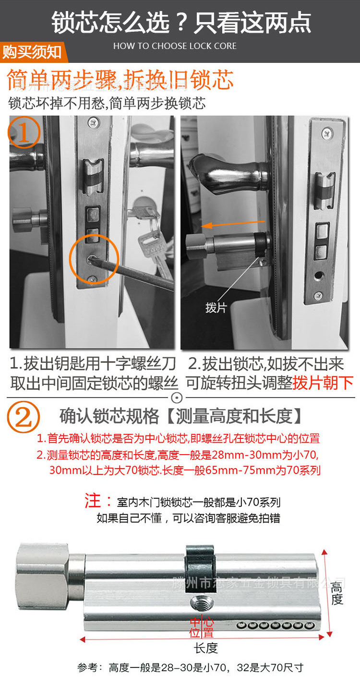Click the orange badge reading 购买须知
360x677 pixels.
tap(32, 52)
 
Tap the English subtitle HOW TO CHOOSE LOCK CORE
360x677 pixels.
tap(175, 46)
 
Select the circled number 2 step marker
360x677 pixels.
tap(23, 416)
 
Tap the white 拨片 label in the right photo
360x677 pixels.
tap(216, 308)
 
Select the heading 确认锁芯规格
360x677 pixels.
tap(109, 416)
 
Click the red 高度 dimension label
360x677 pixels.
tap(337, 593)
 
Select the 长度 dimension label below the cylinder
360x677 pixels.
tap(206, 648)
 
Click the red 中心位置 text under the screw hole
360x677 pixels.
tap(202, 627)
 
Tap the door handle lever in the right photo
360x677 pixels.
tap(226, 170)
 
